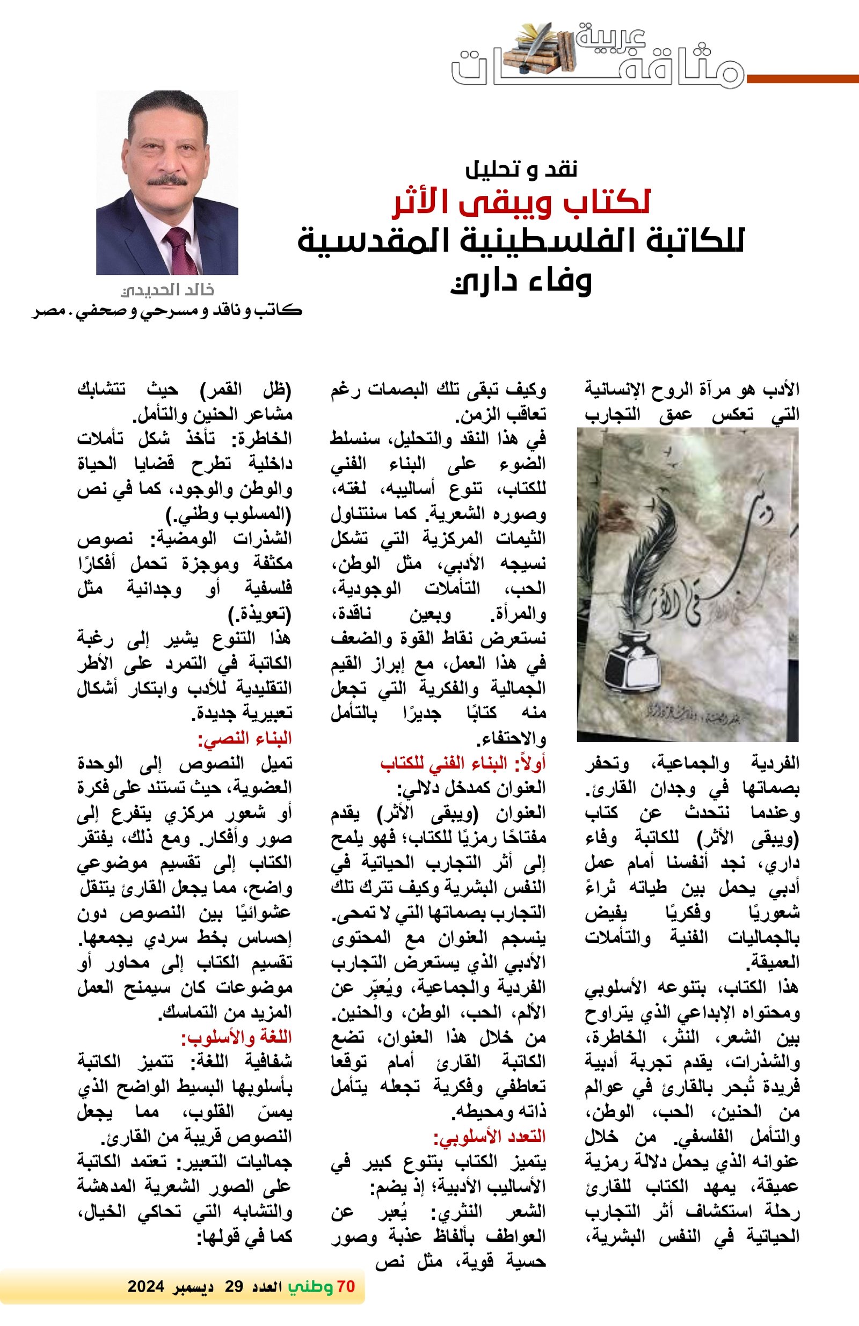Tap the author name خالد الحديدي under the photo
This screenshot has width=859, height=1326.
tap(167, 290)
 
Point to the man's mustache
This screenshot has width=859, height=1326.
tap(167, 180)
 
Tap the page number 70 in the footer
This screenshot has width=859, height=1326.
tap(346, 1286)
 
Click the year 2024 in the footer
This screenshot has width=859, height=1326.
tap(145, 1286)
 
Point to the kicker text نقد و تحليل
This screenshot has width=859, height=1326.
tap(521, 169)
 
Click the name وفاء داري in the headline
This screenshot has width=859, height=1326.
tap(521, 281)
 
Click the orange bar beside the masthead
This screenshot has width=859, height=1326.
tap(803, 79)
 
